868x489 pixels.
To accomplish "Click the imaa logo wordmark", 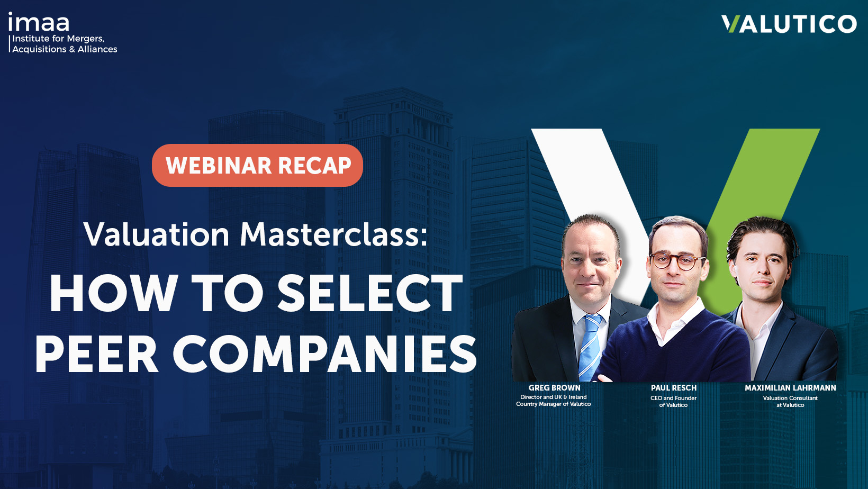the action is pyautogui.click(x=39, y=22).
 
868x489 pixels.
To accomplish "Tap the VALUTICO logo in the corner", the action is pyautogui.click(x=789, y=24).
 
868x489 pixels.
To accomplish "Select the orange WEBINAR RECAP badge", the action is pyautogui.click(x=257, y=166).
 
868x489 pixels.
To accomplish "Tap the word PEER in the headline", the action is pyautogui.click(x=96, y=354).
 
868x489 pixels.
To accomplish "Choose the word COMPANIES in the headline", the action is pyautogui.click(x=325, y=354).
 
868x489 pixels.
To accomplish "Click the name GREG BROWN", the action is pyautogui.click(x=554, y=388).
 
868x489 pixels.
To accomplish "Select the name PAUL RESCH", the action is pyautogui.click(x=673, y=388).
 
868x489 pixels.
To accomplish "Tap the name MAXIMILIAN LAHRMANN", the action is pyautogui.click(x=790, y=388).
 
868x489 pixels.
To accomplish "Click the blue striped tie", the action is pyautogui.click(x=590, y=346).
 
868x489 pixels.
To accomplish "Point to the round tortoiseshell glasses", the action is pyautogui.click(x=676, y=261).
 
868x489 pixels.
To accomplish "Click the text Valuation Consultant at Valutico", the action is pyautogui.click(x=790, y=402).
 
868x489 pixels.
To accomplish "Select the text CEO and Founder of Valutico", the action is pyautogui.click(x=673, y=402).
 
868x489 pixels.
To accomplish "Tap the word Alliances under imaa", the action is pyautogui.click(x=97, y=49).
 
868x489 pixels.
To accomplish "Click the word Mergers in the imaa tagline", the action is pyautogui.click(x=85, y=39).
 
